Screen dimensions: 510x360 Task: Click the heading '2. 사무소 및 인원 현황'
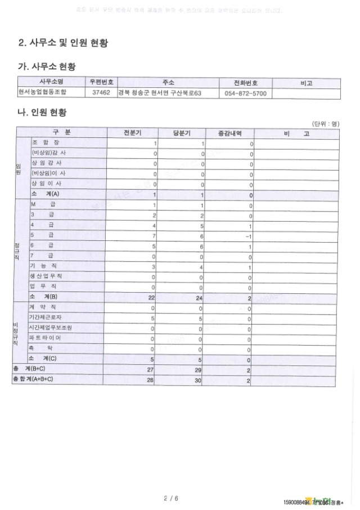point(64,43)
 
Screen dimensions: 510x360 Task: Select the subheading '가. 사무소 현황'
point(51,68)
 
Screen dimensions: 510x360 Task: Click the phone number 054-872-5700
point(245,93)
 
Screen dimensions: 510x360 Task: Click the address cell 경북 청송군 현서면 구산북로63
point(159,93)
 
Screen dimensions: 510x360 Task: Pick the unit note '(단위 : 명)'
point(325,123)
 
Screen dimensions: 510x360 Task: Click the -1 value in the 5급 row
point(249,236)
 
